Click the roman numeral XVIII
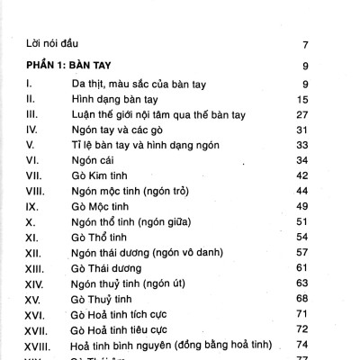tap(38, 345)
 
